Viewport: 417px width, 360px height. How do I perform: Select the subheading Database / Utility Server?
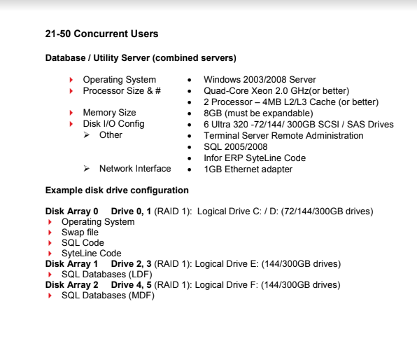point(141,57)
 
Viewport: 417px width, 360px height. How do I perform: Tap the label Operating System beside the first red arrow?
point(119,80)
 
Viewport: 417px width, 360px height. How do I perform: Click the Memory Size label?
point(109,113)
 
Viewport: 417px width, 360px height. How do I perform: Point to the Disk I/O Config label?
point(113,124)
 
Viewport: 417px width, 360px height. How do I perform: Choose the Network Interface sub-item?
point(134,169)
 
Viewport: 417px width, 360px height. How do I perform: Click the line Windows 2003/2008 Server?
point(260,80)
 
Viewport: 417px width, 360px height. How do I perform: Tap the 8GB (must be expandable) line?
point(258,113)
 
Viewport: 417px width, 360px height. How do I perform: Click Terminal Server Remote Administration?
point(283,135)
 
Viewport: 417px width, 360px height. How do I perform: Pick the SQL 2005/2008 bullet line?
point(236,146)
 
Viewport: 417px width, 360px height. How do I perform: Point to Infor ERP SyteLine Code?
point(255,158)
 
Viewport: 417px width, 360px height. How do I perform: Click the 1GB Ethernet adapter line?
point(248,169)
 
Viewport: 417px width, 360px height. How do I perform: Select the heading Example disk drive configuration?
point(117,190)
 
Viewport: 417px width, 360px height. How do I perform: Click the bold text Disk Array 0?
point(72,211)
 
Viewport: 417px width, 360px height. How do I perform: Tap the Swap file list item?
point(80,233)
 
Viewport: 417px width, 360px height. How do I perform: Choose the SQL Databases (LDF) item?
point(106,275)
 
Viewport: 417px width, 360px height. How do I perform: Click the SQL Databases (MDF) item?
point(107,296)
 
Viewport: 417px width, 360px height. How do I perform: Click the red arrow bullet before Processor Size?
point(71,91)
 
